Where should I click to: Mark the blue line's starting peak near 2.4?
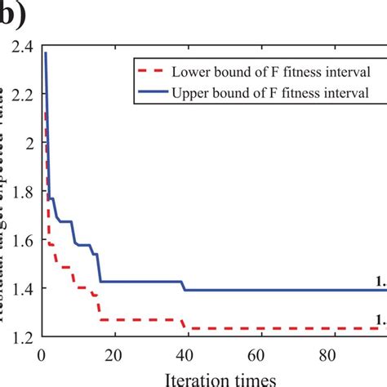coord(46,53)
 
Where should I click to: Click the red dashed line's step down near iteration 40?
coord(185,324)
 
